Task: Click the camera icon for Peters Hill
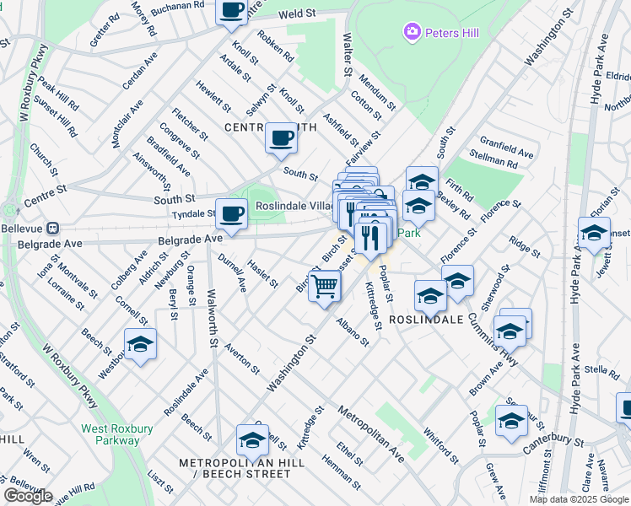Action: click(x=412, y=33)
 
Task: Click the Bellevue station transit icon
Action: click(x=52, y=228)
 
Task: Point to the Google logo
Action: click(x=28, y=496)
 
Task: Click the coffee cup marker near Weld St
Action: click(x=231, y=12)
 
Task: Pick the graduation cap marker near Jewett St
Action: click(x=594, y=232)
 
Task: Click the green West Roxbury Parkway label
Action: click(x=111, y=434)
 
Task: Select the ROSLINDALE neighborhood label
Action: click(x=426, y=320)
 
